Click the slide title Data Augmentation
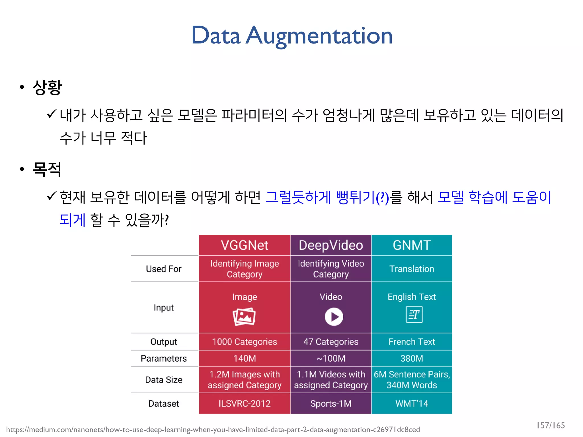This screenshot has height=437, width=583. [x=292, y=36]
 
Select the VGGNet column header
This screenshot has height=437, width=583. [x=244, y=245]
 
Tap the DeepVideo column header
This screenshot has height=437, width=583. [x=331, y=245]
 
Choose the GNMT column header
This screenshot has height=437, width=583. [x=412, y=245]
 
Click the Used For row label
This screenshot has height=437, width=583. [x=164, y=269]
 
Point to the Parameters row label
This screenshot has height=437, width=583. [x=164, y=358]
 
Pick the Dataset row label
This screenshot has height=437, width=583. [x=164, y=403]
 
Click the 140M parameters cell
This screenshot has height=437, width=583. [x=244, y=358]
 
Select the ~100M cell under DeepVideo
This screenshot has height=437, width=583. [x=331, y=358]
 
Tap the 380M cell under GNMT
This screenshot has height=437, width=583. [x=412, y=358]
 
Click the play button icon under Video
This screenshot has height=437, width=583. [x=334, y=317]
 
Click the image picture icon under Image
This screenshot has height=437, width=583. [x=244, y=317]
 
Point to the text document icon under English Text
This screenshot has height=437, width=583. [x=414, y=315]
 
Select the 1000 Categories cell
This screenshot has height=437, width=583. [x=244, y=342]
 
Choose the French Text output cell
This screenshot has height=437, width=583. [x=412, y=342]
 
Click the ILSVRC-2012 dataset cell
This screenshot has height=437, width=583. [x=244, y=403]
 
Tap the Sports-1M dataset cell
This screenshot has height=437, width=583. [x=331, y=403]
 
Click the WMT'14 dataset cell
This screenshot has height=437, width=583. [x=412, y=403]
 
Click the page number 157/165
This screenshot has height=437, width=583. [x=551, y=425]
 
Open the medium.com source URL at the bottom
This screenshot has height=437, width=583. [x=213, y=430]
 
